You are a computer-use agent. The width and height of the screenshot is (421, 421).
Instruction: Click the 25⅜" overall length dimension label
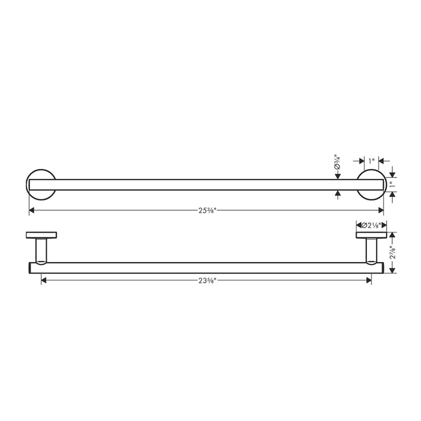206,210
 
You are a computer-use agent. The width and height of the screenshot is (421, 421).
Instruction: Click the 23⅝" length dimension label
206,280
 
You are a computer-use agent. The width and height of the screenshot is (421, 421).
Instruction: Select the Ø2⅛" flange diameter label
372,225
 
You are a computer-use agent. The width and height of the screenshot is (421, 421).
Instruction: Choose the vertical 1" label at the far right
393,185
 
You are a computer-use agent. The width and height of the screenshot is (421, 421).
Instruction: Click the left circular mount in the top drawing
36,185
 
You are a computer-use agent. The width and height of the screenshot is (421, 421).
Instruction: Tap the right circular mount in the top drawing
372,185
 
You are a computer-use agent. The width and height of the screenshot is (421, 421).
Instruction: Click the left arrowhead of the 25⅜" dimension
32,210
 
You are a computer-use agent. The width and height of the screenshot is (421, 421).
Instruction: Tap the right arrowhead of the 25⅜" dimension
381,210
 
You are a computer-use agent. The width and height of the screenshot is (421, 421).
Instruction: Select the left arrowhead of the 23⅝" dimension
44,280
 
